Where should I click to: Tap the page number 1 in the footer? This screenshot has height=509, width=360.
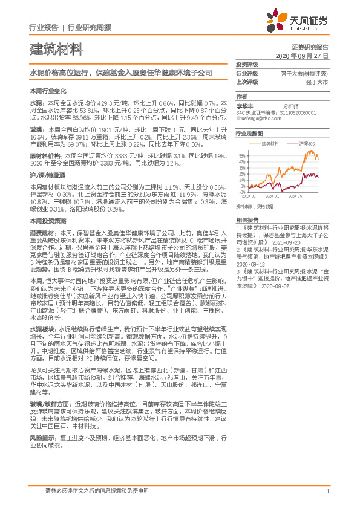pos(327,491)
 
